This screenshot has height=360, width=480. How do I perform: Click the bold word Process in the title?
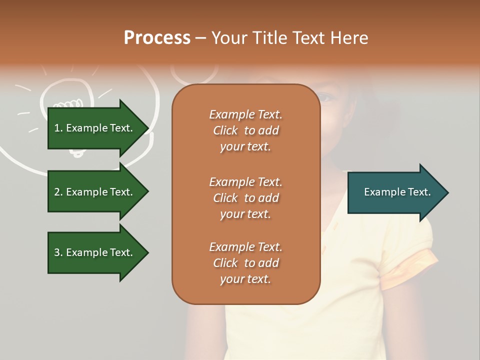157,37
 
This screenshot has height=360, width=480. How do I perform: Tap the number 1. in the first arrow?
58,128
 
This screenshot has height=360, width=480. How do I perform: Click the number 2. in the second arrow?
58,192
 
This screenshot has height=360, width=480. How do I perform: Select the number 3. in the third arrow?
58,252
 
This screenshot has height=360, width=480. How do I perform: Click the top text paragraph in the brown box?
245,130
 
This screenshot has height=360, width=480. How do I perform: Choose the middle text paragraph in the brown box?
245,198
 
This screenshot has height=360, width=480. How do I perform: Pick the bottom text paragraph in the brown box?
245,263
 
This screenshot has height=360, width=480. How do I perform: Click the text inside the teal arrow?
397,192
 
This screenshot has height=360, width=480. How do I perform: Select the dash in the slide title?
200,38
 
